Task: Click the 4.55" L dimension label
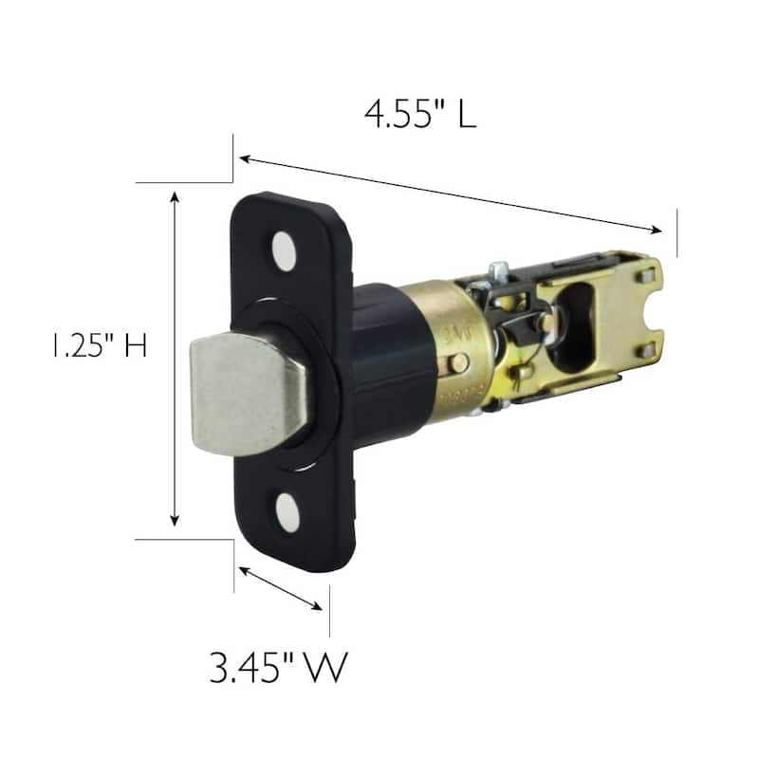pyautogui.click(x=420, y=114)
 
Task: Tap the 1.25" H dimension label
pyautogui.click(x=100, y=346)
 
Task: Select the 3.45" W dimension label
pyautogui.click(x=279, y=668)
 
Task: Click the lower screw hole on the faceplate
pyautogui.click(x=287, y=513)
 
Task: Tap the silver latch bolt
pyautogui.click(x=249, y=394)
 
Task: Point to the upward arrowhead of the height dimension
pyautogui.click(x=176, y=196)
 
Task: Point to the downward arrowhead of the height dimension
pyautogui.click(x=175, y=520)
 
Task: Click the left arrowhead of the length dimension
pyautogui.click(x=246, y=158)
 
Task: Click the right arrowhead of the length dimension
pyautogui.click(x=656, y=230)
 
